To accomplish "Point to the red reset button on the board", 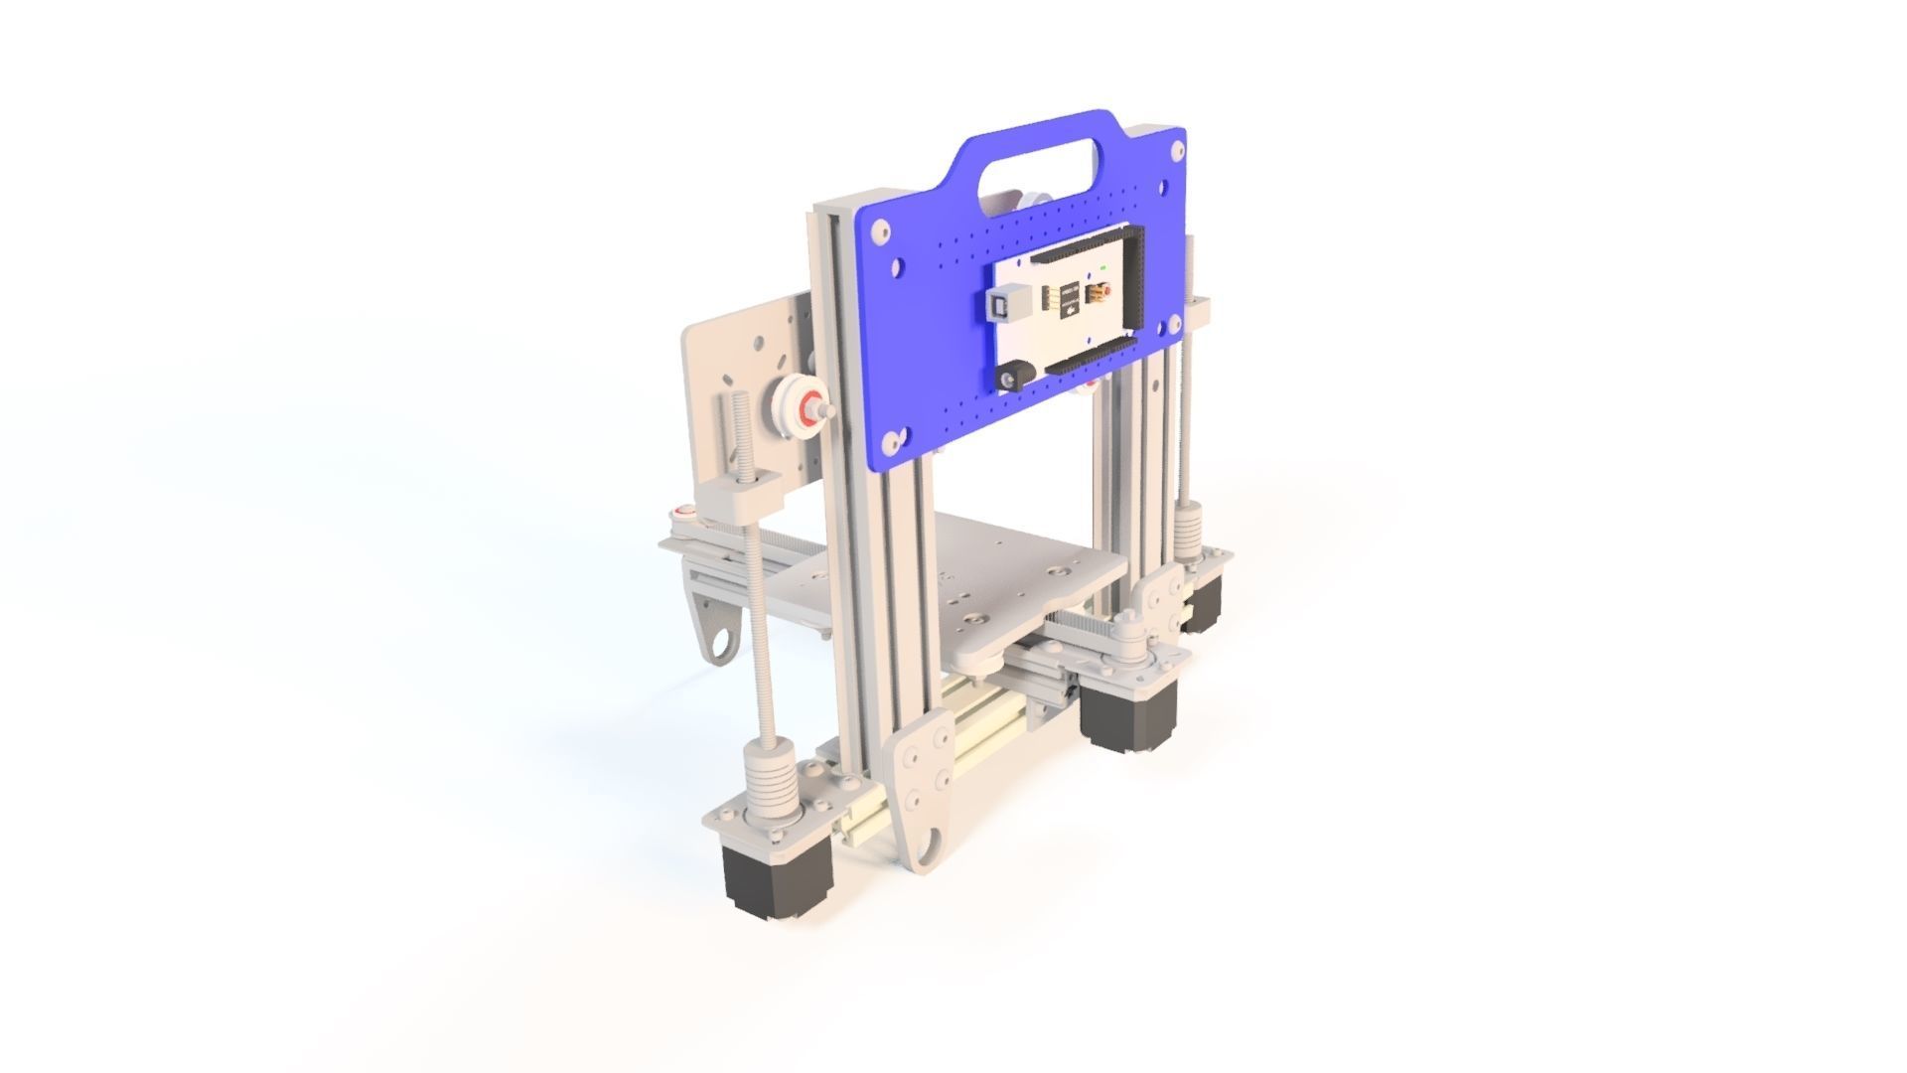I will coord(1099,294).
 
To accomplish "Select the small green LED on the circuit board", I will coord(1104,268).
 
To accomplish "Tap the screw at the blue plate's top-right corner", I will coord(1178,150).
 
